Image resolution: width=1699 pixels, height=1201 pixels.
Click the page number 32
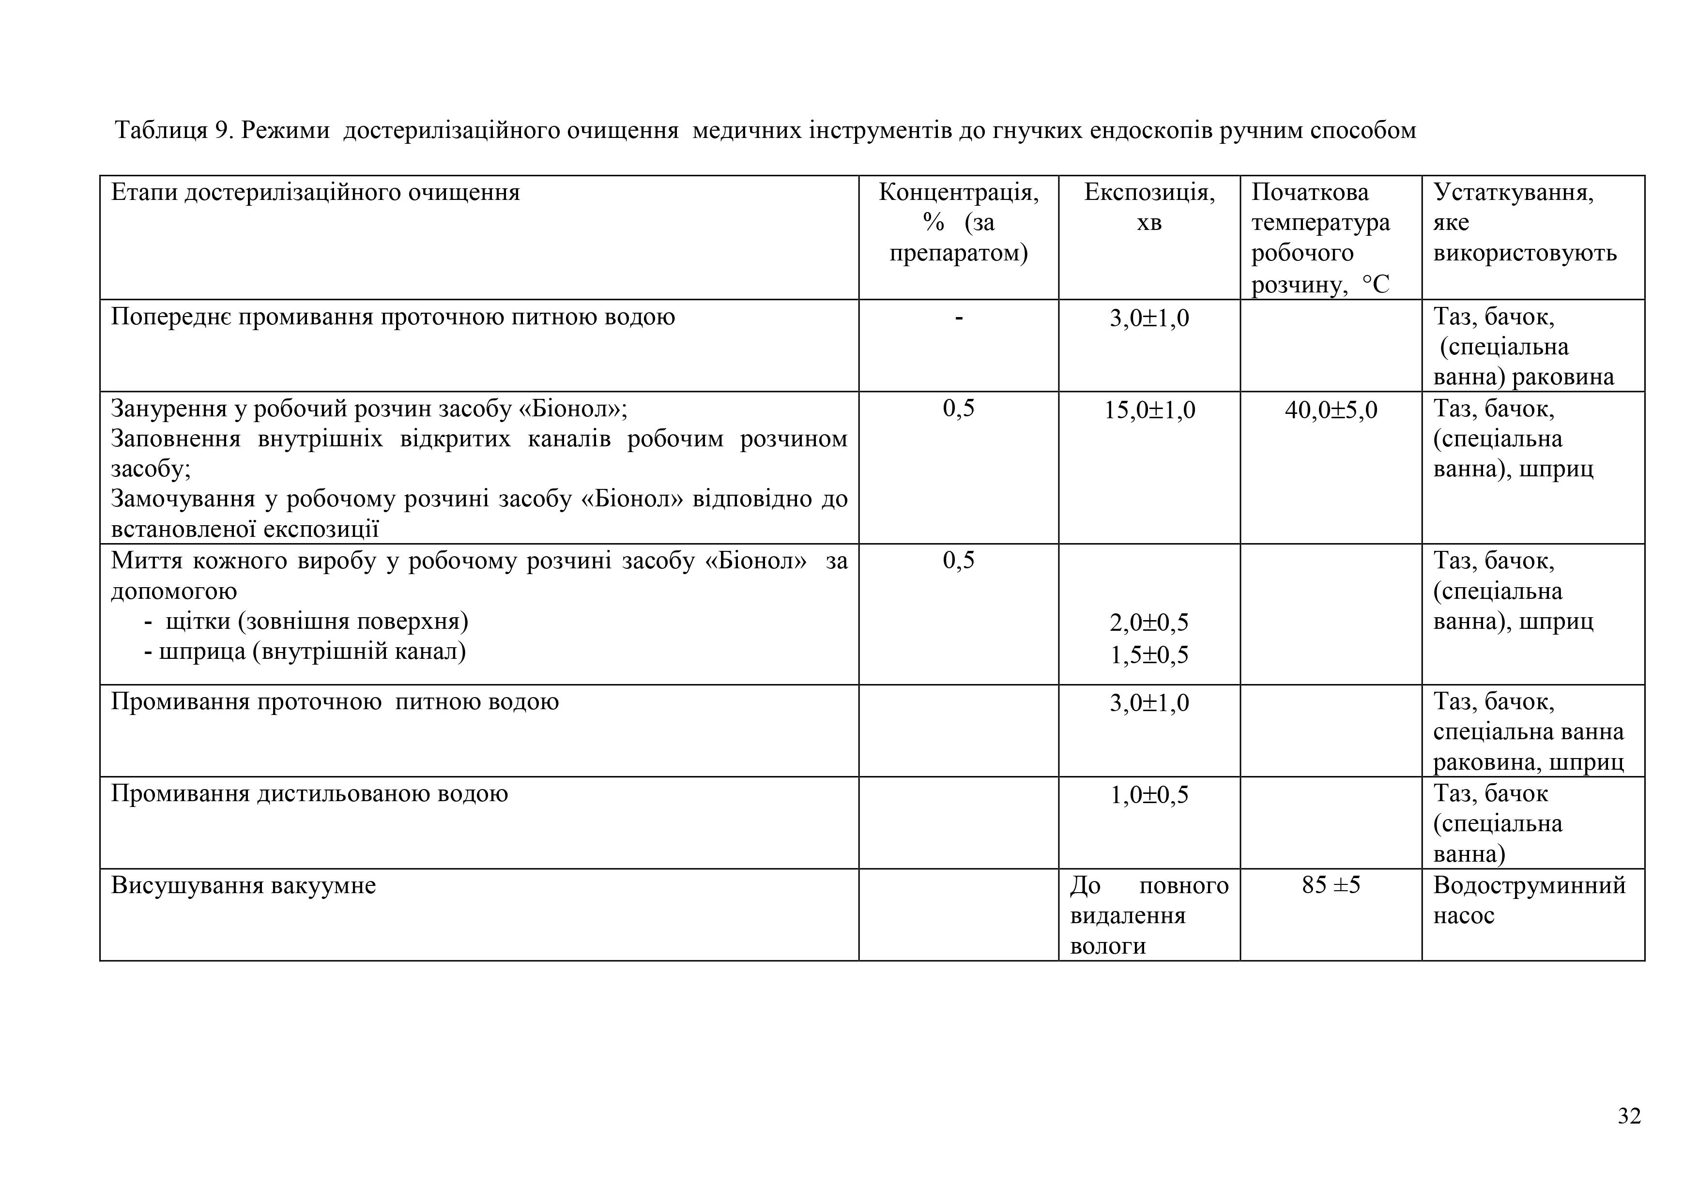pyautogui.click(x=1629, y=1116)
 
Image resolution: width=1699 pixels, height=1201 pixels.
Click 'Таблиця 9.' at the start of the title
pyautogui.click(x=174, y=130)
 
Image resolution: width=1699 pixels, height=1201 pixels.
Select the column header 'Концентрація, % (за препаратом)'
pyautogui.click(x=958, y=223)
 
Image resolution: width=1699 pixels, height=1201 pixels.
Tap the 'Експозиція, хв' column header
pyautogui.click(x=1148, y=207)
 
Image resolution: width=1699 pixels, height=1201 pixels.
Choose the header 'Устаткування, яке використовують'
pyautogui.click(x=1524, y=223)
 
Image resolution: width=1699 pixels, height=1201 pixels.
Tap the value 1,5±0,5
pyautogui.click(x=1149, y=655)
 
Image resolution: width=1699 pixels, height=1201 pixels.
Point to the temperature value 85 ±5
pyautogui.click(x=1331, y=885)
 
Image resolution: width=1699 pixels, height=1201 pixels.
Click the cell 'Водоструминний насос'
pyautogui.click(x=1529, y=900)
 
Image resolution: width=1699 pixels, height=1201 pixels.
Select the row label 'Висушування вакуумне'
pyautogui.click(x=244, y=885)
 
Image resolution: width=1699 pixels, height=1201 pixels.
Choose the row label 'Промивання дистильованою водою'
pyautogui.click(x=309, y=794)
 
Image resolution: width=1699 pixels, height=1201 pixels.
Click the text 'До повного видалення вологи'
pyautogui.click(x=1148, y=915)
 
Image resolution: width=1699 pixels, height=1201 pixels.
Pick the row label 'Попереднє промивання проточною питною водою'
pyautogui.click(x=393, y=317)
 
